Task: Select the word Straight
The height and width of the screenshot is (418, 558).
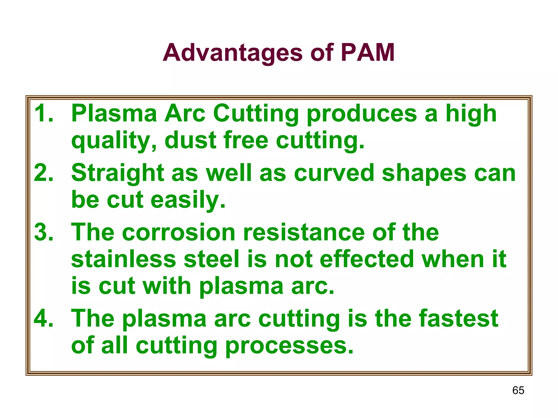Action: tap(118, 173)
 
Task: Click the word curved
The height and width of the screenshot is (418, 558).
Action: tap(334, 173)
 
